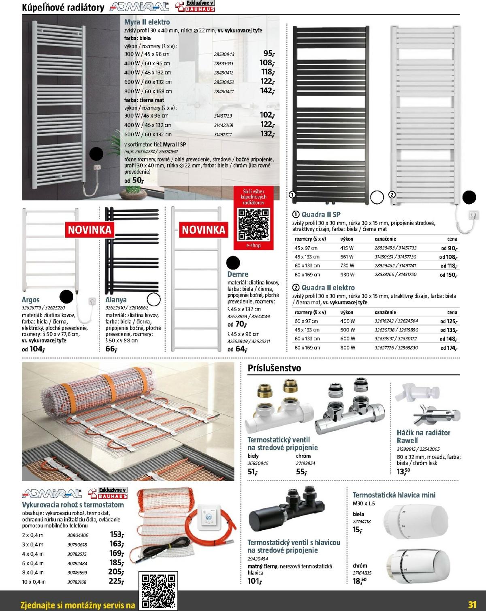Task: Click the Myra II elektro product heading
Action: [x=147, y=22]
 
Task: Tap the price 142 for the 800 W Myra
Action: [x=267, y=91]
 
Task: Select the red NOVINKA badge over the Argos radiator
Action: [x=89, y=230]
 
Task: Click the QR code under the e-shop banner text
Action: [x=254, y=224]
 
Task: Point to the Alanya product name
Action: [x=116, y=300]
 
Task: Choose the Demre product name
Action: [x=238, y=274]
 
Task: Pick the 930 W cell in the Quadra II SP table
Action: [x=347, y=275]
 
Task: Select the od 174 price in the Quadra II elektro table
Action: [x=449, y=348]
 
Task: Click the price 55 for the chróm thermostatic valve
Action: [x=302, y=472]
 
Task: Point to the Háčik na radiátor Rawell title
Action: [x=423, y=437]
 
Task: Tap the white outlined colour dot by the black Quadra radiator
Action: [x=377, y=197]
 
